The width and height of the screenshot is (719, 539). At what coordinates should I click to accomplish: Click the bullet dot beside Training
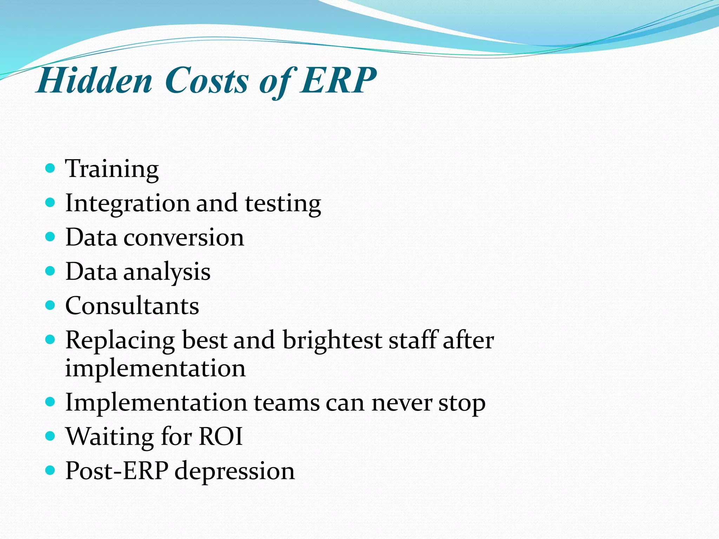click(x=51, y=168)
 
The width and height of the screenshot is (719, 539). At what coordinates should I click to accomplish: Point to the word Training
click(x=112, y=169)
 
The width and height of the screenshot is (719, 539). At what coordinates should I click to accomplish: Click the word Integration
click(x=127, y=204)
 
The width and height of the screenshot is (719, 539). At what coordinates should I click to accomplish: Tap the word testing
click(x=283, y=204)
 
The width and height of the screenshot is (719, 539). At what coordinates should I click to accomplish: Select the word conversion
click(x=184, y=238)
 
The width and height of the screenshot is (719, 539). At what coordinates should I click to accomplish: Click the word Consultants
click(x=132, y=306)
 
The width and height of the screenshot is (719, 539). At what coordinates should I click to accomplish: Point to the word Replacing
click(x=120, y=340)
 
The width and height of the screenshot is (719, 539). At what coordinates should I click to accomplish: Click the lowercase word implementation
click(x=155, y=368)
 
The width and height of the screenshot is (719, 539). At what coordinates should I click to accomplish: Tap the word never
click(x=402, y=403)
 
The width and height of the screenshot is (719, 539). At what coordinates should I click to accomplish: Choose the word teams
click(x=286, y=403)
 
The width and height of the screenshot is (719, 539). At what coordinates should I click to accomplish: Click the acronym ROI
click(x=220, y=437)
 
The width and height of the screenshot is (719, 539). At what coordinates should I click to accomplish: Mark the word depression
click(x=235, y=471)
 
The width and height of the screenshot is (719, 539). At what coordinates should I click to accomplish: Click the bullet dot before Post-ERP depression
click(x=51, y=470)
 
